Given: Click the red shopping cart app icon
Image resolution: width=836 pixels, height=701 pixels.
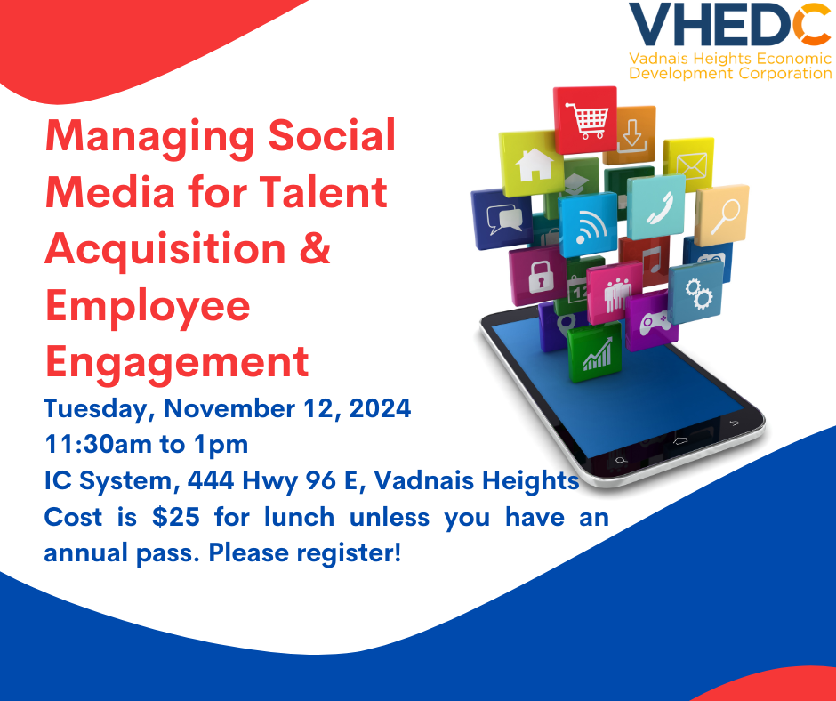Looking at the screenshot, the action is point(585,119).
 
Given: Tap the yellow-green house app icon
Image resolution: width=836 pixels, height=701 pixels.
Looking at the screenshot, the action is point(532,164).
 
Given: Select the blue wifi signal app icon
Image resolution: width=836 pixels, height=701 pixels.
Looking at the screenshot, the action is point(588,224).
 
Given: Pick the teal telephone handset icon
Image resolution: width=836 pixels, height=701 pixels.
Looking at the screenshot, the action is point(656,207).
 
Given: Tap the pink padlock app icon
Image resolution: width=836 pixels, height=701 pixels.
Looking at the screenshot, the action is point(538,276).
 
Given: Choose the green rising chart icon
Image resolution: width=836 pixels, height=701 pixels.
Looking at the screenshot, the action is point(595,352).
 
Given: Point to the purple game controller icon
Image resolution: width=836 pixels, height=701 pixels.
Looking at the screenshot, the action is point(652,320).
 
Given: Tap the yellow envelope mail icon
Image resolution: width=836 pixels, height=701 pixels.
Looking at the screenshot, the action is point(689,165).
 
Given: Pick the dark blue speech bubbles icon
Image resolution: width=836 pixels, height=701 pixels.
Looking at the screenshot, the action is point(502,219).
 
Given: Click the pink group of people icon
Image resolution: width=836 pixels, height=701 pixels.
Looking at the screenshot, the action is point(615,293).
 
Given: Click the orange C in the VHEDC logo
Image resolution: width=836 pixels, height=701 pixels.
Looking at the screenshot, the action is point(811,24).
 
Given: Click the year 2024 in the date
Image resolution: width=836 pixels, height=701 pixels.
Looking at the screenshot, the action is point(380,408).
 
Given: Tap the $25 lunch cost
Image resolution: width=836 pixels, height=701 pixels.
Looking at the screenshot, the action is point(176,517).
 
